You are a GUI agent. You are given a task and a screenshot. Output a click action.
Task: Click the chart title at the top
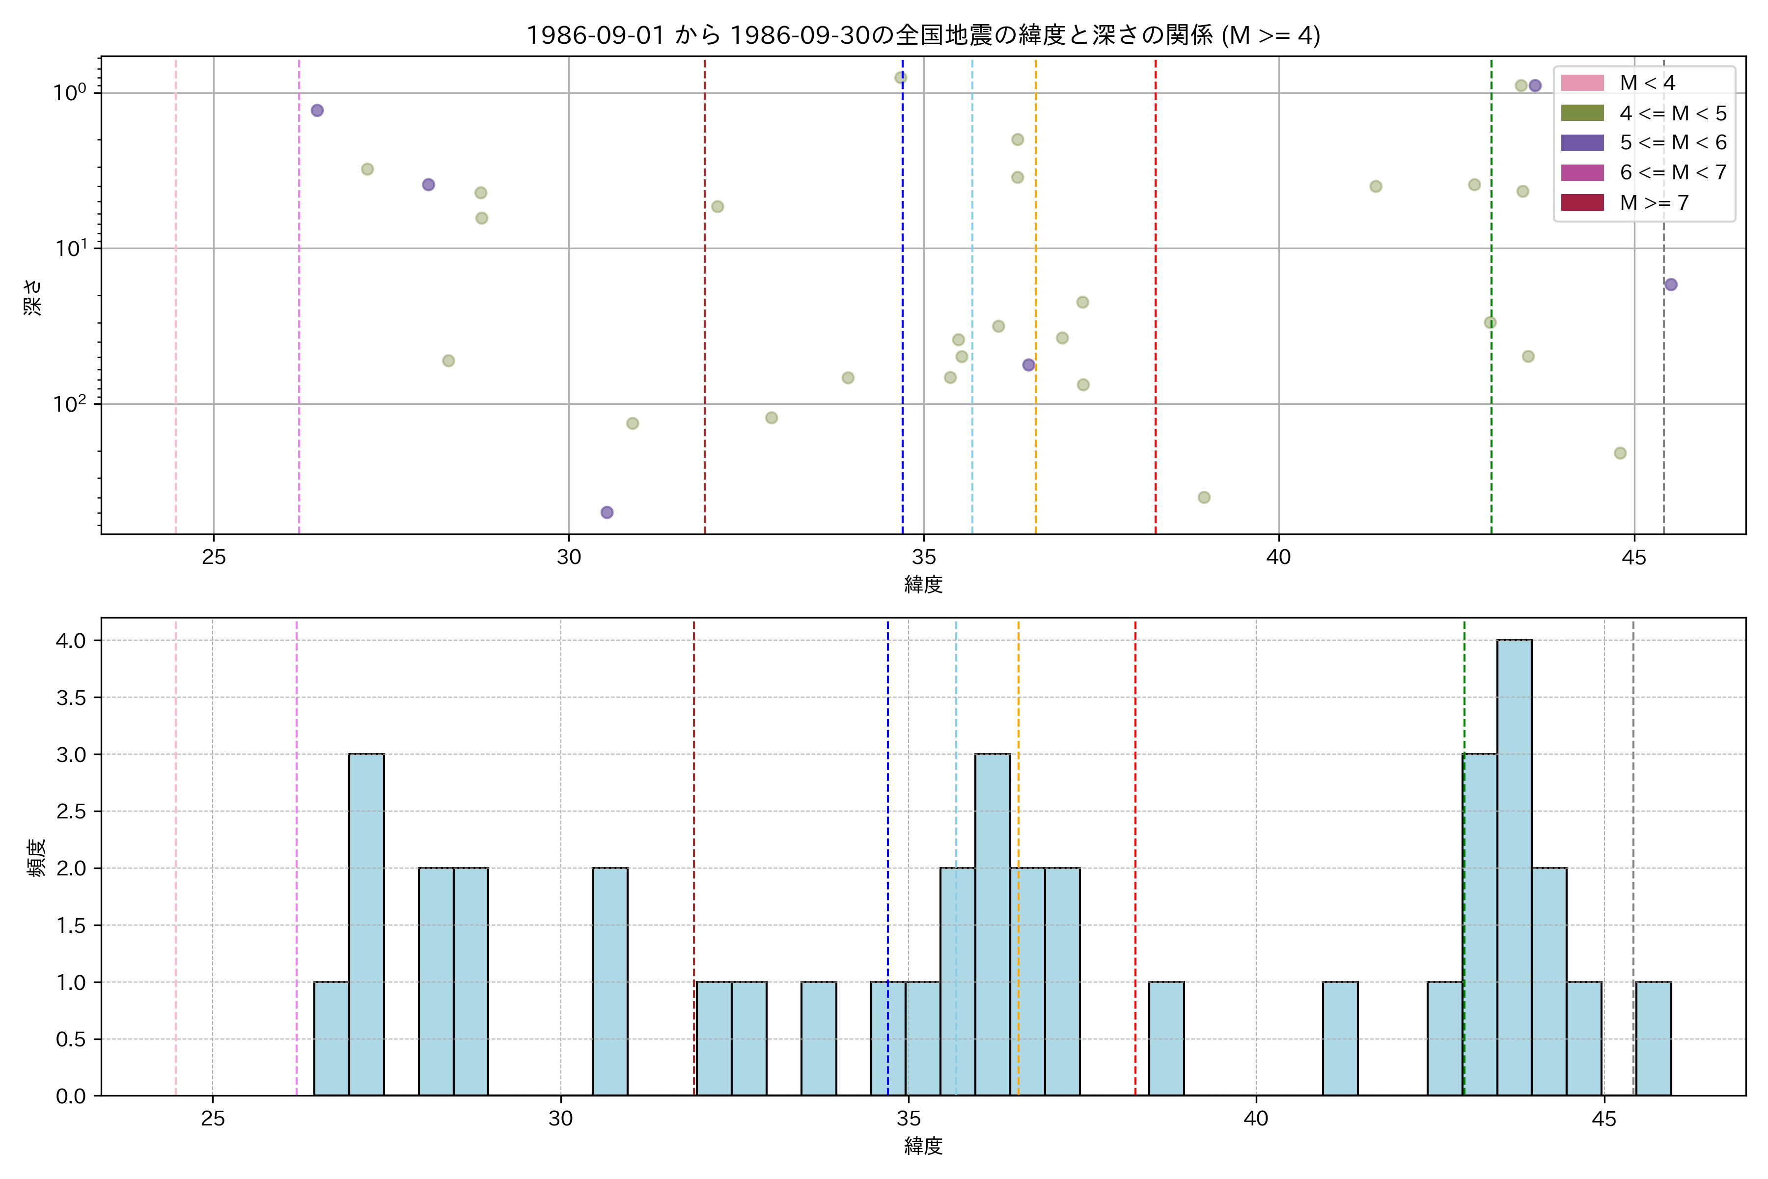click(x=923, y=35)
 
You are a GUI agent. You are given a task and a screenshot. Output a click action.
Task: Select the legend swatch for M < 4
click(x=1582, y=83)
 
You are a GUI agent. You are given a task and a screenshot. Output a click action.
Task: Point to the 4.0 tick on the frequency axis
click(x=71, y=641)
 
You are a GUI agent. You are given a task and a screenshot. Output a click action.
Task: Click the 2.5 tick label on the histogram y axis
click(x=71, y=812)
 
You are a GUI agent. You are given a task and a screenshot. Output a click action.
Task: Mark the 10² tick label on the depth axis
click(x=69, y=404)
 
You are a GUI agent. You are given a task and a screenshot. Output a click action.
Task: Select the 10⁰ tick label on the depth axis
click(x=69, y=92)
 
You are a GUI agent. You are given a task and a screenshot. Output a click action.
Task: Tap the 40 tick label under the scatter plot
click(x=1279, y=557)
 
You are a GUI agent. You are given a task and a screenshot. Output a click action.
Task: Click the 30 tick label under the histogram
click(x=561, y=1119)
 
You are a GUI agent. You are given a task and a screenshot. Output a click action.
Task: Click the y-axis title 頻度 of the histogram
click(x=36, y=857)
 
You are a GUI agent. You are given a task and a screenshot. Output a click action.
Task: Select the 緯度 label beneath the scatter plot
click(x=923, y=584)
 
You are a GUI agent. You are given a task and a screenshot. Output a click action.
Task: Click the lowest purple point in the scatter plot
click(x=607, y=512)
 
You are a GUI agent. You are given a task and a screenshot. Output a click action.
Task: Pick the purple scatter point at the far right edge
click(x=1670, y=284)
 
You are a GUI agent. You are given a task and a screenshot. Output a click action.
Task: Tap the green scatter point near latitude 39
click(x=1204, y=497)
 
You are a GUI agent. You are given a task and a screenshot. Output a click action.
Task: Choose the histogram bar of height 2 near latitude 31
click(x=609, y=981)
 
